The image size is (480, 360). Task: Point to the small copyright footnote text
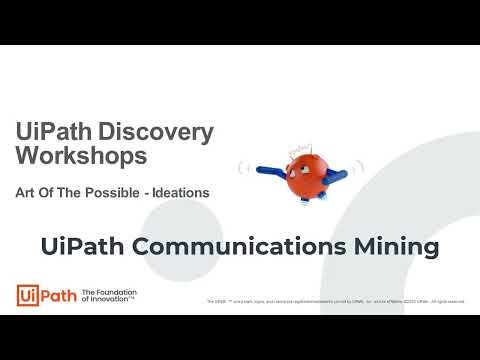(x=335, y=301)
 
